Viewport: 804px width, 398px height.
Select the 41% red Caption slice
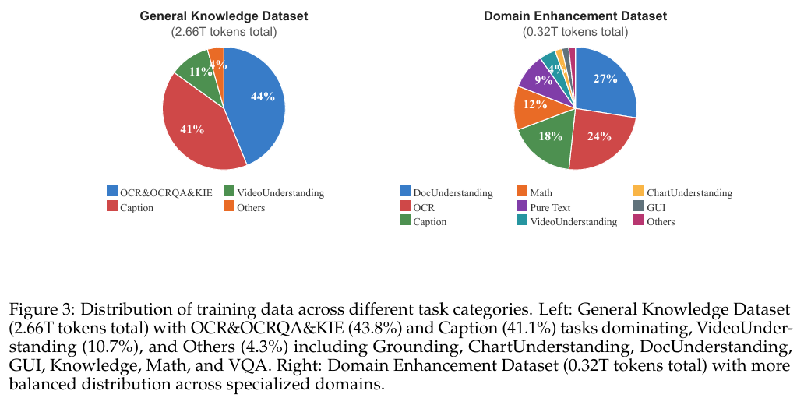pyautogui.click(x=192, y=130)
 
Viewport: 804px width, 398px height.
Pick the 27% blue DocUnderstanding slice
pyautogui.click(x=605, y=79)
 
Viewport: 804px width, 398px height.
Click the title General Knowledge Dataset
pyautogui.click(x=224, y=16)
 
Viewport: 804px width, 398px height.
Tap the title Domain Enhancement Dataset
pyautogui.click(x=575, y=16)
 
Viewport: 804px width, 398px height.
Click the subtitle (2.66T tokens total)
pyautogui.click(x=224, y=32)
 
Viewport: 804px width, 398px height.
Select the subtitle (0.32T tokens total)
pyautogui.click(x=575, y=32)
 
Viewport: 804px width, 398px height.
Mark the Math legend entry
pyautogui.click(x=541, y=192)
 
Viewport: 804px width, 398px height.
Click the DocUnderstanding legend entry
pyautogui.click(x=451, y=192)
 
